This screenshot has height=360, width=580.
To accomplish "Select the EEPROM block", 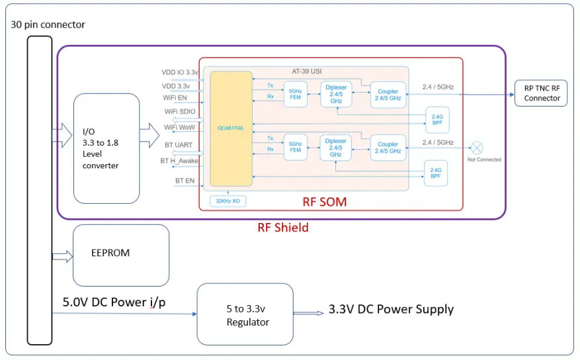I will point(120,255).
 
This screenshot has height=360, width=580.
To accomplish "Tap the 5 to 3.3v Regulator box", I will point(245,314).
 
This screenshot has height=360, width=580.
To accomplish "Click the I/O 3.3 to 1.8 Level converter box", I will point(106,148).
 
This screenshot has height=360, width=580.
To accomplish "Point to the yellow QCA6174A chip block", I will point(231,129).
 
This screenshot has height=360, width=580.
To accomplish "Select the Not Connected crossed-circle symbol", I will point(476,148).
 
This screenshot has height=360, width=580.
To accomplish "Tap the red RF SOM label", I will point(324,202).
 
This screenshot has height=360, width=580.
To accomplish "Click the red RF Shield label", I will point(282,228).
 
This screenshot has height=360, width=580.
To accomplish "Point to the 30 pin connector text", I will point(48,24).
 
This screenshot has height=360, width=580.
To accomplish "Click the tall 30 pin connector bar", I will point(39,190).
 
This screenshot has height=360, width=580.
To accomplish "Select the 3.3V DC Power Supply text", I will point(391,309).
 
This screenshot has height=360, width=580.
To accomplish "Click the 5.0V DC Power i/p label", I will point(114,302).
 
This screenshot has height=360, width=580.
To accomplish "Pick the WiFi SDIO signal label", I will point(180,112).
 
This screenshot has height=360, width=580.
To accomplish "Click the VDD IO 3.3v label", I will point(180,72).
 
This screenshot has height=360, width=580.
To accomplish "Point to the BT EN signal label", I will point(185,179).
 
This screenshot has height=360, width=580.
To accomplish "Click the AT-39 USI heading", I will point(306,70).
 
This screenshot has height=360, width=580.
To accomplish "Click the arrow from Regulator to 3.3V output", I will point(309,313).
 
